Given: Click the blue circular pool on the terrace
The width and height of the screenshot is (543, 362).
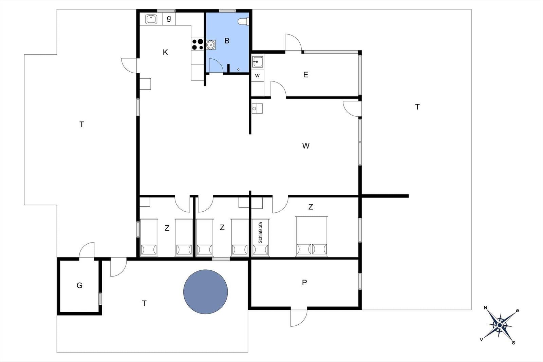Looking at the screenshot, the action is click(205, 292).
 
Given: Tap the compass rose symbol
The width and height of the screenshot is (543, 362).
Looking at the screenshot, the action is click(500, 325).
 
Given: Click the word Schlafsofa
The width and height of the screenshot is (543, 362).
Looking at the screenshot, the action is click(260, 233).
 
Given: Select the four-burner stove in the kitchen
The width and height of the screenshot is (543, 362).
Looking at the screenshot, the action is click(197, 44).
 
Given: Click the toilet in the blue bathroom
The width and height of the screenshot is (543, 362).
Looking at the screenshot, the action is click(243, 22).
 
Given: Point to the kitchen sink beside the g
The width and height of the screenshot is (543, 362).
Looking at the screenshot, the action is click(151, 19).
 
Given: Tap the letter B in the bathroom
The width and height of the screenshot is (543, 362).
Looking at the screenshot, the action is click(227, 41).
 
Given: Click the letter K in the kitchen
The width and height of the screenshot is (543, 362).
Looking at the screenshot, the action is click(165, 52).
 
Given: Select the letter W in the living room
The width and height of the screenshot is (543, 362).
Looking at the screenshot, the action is click(306, 146).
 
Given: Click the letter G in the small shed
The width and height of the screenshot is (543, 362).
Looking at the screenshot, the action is click(79, 285).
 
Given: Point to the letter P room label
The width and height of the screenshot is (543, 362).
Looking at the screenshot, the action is click(304, 283).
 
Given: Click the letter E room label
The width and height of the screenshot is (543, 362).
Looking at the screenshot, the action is click(306, 75).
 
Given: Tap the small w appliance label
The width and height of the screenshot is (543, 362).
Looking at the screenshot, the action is click(258, 76).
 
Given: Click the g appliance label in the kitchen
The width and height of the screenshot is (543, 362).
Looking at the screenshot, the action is click(169, 18).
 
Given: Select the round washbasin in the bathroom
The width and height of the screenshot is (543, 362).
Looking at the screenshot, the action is click(211, 45).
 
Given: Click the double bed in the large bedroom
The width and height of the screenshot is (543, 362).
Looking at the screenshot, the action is click(312, 236).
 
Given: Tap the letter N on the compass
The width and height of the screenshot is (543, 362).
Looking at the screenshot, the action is click(485, 308).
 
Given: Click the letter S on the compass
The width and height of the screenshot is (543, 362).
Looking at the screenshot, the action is click(513, 343).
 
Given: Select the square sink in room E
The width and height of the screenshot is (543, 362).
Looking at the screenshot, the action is click(258, 62).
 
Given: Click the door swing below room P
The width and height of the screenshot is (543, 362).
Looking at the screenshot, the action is click(299, 318).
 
